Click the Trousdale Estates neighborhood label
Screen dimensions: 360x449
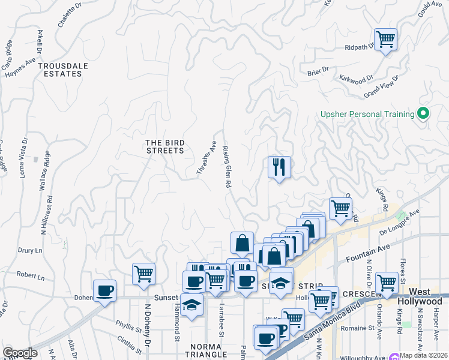[x=59, y=70]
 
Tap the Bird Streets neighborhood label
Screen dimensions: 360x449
[x=165, y=146]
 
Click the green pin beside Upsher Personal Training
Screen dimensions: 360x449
[x=423, y=113]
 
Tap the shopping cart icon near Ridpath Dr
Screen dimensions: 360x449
[x=385, y=40]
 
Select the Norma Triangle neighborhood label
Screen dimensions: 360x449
[x=198, y=351]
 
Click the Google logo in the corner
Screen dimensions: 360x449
[x=20, y=353]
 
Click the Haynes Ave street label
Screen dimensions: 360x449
[x=20, y=67]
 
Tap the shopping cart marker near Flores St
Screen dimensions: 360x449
[x=386, y=283]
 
